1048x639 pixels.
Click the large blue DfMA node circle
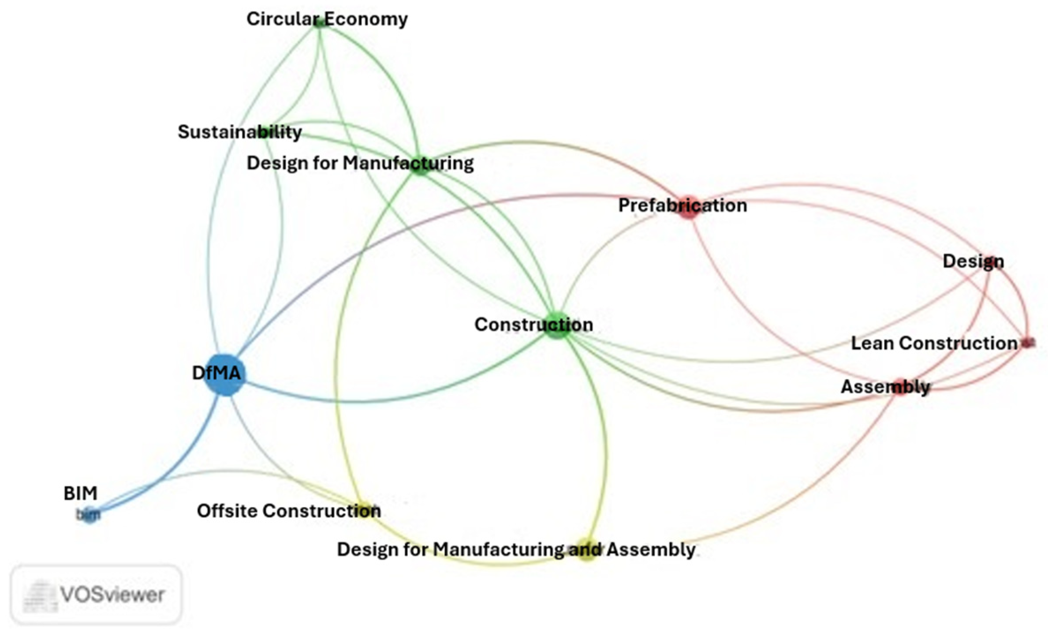pos(225,375)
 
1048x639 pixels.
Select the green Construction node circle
pos(557,325)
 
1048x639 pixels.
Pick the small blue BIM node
pos(90,515)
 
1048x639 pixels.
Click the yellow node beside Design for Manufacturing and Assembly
pos(587,549)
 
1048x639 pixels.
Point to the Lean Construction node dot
pos(1027,342)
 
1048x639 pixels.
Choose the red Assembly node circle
pos(899,388)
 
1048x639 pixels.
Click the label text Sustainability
pos(239,132)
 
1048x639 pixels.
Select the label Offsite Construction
pos(289,511)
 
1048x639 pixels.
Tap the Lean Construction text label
pos(933,343)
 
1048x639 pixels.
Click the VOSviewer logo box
pos(96,594)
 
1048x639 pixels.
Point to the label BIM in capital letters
pos(80,493)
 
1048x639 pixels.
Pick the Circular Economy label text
pos(327,19)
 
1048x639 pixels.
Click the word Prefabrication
pos(683,206)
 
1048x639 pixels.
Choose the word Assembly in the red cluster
pos(885,387)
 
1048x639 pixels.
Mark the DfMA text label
pos(216,373)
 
